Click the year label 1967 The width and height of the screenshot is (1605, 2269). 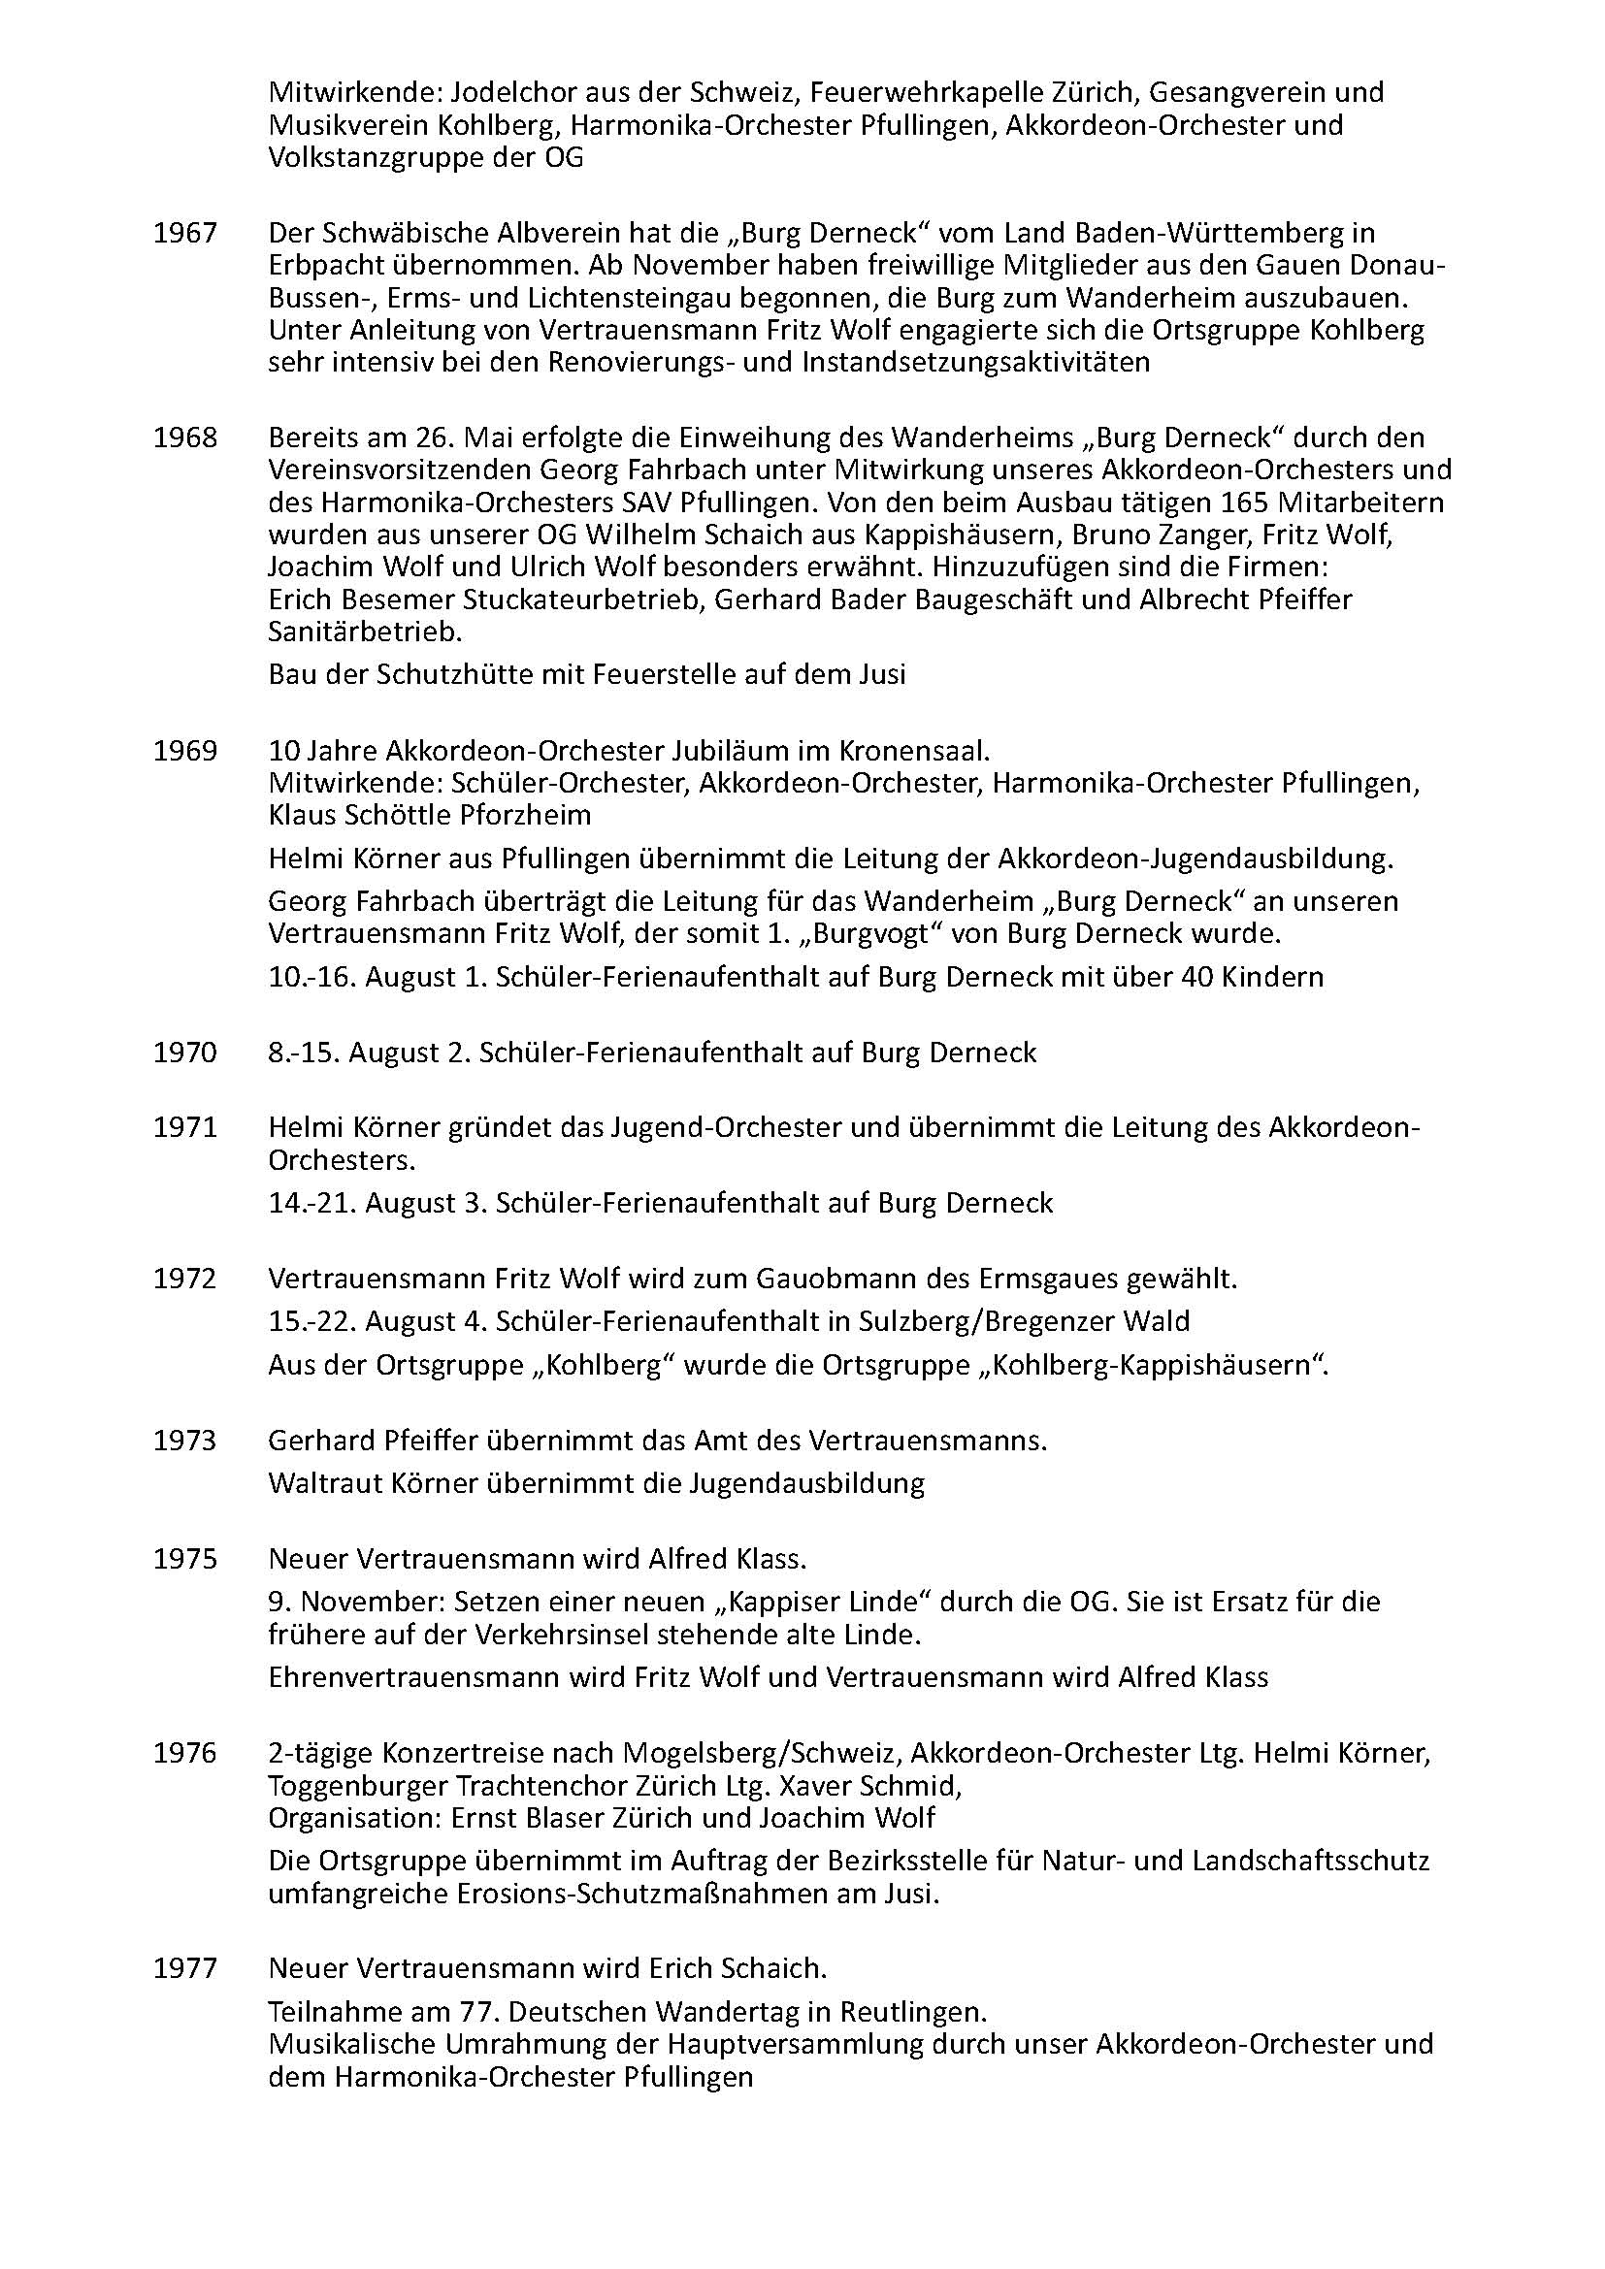click(184, 233)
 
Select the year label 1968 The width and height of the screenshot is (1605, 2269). click(184, 438)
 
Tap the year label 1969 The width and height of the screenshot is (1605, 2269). click(184, 751)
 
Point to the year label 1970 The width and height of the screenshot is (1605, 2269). click(184, 1053)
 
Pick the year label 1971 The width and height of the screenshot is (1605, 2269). click(184, 1127)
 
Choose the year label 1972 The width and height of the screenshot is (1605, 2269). click(184, 1279)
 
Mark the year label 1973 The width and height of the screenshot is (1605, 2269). click(184, 1441)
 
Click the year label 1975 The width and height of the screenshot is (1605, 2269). click(184, 1559)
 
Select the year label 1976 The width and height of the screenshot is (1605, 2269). click(184, 1753)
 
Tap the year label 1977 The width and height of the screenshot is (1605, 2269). click(184, 1968)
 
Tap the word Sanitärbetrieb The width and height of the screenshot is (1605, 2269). click(365, 632)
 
